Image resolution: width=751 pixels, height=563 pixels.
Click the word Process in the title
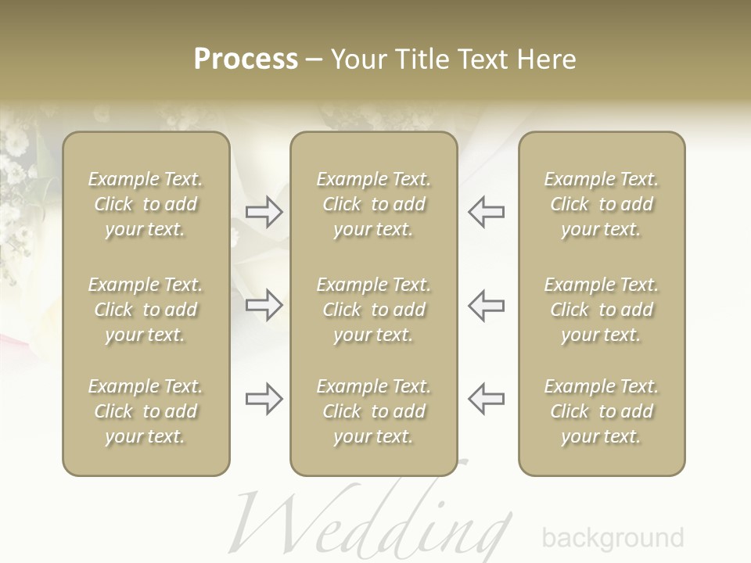pos(246,59)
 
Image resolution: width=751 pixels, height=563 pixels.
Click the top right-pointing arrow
pos(264,211)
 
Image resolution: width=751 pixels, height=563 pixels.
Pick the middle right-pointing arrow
pos(264,304)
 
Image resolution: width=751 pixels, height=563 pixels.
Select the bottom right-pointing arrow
pos(264,398)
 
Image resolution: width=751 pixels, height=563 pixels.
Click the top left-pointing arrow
pos(486,211)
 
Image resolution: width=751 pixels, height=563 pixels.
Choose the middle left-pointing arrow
pos(486,304)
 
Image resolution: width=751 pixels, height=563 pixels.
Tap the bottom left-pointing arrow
pos(486,398)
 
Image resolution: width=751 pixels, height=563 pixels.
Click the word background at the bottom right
pos(613,538)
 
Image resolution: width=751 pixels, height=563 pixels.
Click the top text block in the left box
pos(146,204)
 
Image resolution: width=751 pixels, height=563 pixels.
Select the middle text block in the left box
pos(146,310)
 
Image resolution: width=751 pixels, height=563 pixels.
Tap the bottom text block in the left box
pos(146,411)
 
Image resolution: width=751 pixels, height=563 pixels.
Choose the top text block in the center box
pos(374,204)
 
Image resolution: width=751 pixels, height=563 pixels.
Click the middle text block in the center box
pos(374,310)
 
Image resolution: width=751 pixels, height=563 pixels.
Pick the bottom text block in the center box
pos(374,411)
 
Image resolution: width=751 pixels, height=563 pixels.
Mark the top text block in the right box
pos(602,204)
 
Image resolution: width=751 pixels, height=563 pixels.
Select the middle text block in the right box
pos(602,310)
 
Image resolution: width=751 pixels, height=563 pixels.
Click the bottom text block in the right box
pos(602,411)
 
